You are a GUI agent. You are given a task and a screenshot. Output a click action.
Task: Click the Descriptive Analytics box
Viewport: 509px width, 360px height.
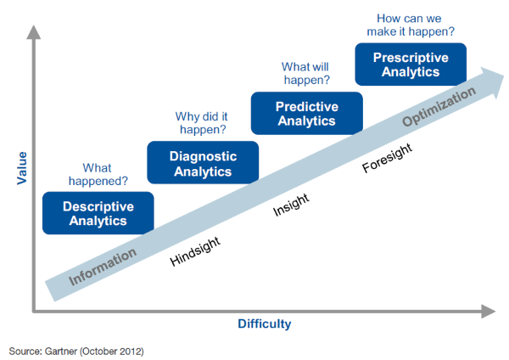pos(98,213)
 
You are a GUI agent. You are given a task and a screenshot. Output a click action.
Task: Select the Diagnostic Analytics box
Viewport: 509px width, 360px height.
pos(203,162)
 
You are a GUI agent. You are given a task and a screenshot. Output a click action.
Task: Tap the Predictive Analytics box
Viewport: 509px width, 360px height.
pos(307,114)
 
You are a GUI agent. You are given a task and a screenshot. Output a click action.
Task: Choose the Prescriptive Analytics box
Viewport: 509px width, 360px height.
pos(411,65)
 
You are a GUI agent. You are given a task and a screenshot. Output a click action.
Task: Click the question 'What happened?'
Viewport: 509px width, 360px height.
pos(98,174)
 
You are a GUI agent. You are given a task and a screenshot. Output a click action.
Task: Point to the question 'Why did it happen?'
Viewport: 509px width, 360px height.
pos(202,123)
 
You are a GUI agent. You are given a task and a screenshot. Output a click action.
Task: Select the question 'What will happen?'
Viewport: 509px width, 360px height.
pos(305,73)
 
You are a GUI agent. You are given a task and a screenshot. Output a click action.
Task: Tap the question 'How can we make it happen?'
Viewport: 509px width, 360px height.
pos(411,25)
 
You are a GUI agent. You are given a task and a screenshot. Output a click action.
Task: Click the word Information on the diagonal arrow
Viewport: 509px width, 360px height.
pos(103,267)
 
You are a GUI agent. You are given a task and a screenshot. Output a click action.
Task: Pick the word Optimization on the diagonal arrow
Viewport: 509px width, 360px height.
pos(439,107)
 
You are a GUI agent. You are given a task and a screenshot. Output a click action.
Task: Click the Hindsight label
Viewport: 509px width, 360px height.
pos(195,251)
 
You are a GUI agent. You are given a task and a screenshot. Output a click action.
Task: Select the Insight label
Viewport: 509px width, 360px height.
pos(291,205)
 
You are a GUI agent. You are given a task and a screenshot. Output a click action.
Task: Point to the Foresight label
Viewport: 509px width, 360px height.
pos(387,158)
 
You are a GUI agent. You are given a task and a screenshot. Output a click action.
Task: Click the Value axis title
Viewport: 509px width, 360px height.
pos(22,168)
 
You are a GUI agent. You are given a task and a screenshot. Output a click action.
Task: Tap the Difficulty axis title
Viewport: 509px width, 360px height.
pos(265,324)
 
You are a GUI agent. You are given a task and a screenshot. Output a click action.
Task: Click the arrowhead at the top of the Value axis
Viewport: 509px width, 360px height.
pos(33,32)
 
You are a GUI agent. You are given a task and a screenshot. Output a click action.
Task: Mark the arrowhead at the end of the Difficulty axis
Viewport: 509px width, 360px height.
pos(488,312)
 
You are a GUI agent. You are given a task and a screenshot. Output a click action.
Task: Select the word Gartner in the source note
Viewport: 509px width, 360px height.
pos(61,352)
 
